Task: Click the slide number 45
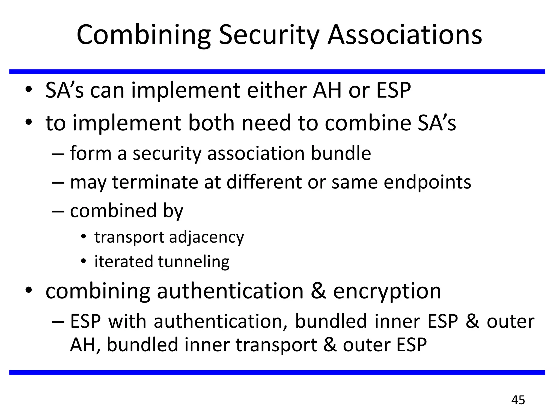(x=518, y=400)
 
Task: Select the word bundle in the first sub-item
(x=341, y=153)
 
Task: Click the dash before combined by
(x=58, y=211)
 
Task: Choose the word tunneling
(x=194, y=262)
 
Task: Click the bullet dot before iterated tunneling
(x=84, y=262)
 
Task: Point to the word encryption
(x=387, y=291)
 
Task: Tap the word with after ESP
(x=127, y=321)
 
